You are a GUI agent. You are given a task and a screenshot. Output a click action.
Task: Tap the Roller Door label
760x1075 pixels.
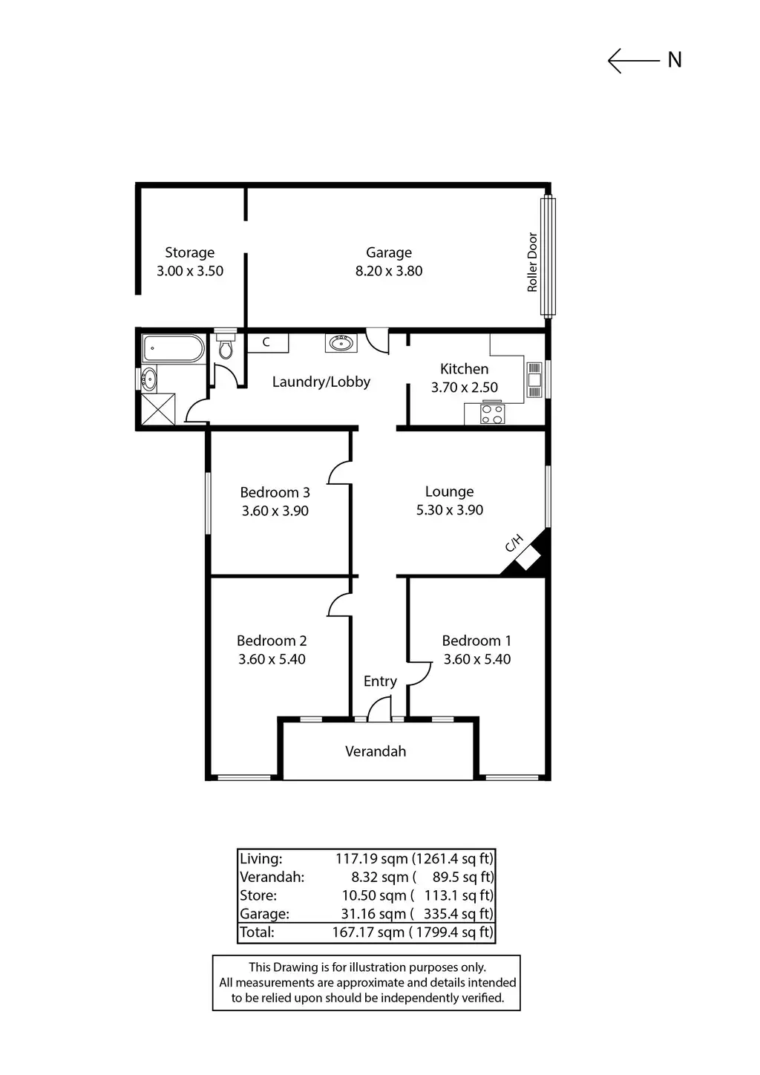click(532, 262)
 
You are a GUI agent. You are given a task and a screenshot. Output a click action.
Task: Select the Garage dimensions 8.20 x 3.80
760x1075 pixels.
click(389, 271)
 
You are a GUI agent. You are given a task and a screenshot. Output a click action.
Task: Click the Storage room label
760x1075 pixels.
click(189, 252)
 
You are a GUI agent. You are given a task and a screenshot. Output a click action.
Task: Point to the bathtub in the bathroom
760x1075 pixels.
click(173, 347)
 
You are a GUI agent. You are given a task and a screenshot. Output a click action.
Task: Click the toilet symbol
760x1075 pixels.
click(226, 347)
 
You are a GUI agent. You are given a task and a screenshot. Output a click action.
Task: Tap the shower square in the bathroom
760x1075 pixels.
click(157, 409)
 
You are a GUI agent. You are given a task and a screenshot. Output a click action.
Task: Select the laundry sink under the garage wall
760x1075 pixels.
click(341, 342)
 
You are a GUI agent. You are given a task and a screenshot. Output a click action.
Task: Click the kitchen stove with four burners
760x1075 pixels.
click(492, 414)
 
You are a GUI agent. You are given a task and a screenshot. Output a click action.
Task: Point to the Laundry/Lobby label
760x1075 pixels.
click(321, 382)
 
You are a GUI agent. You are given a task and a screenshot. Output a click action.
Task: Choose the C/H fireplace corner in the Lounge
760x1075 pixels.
click(528, 555)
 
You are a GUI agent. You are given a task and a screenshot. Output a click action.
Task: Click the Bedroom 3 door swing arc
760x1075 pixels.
click(339, 473)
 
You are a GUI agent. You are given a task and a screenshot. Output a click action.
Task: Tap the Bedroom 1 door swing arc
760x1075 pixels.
click(420, 673)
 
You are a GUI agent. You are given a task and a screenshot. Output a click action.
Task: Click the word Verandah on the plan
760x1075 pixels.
click(376, 751)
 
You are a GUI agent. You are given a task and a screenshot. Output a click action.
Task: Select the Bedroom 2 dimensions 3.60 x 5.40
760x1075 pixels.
click(272, 659)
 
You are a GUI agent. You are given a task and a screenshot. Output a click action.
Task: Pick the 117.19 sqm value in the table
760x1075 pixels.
click(371, 859)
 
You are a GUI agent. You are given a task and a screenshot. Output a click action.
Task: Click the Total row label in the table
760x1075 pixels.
click(257, 932)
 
